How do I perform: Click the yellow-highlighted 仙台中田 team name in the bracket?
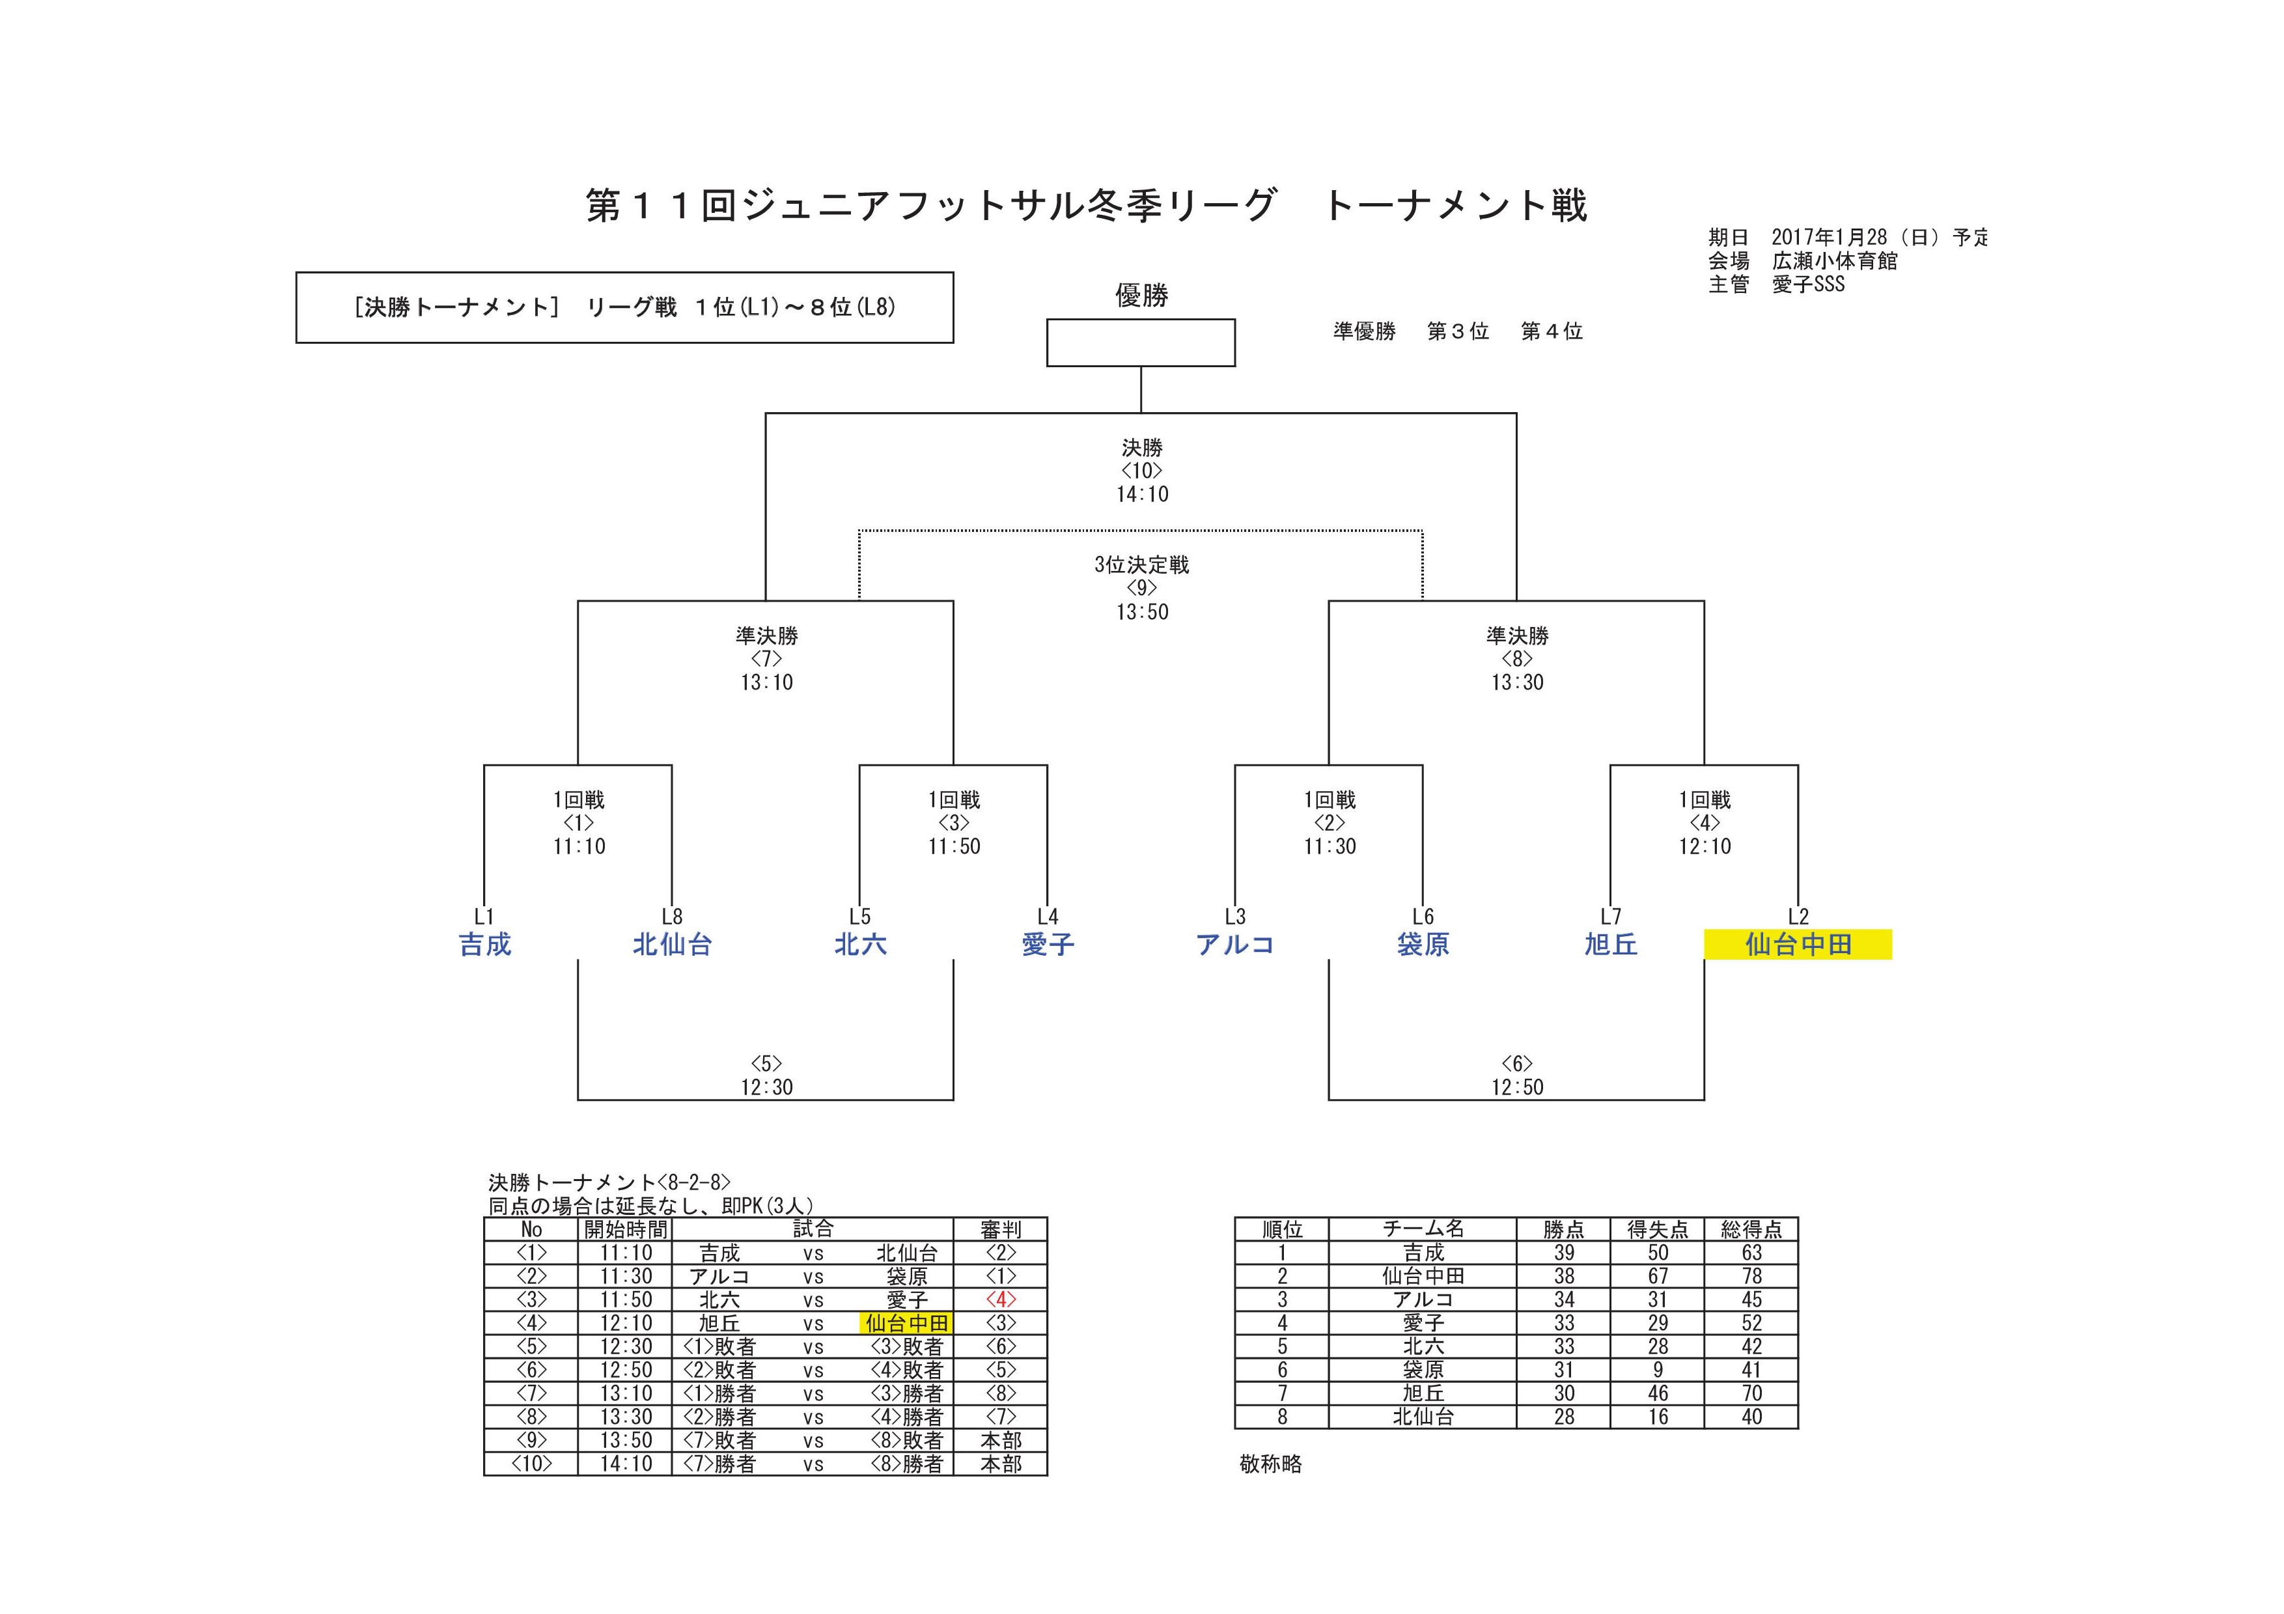click(1798, 944)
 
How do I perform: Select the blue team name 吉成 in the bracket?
click(484, 944)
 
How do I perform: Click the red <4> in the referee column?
click(1001, 1299)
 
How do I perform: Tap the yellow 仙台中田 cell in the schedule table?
click(906, 1322)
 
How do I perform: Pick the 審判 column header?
click(1001, 1229)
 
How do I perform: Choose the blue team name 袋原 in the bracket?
click(1423, 944)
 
